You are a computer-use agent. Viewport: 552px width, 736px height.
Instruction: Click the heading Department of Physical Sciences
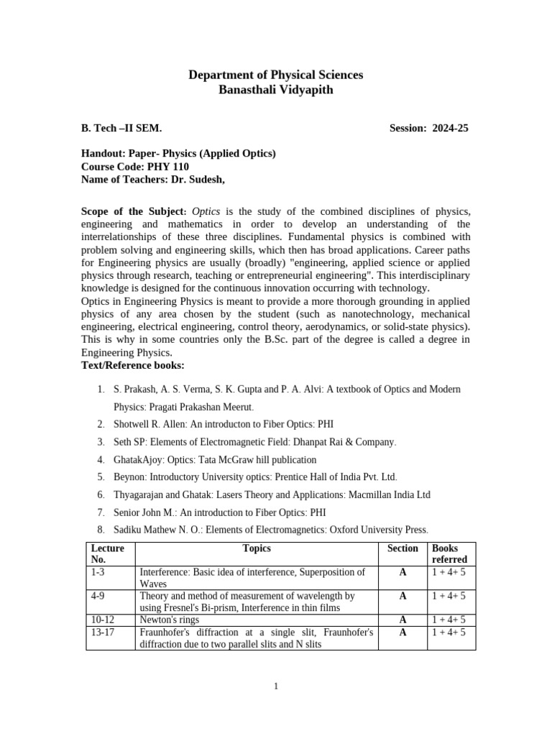(275, 75)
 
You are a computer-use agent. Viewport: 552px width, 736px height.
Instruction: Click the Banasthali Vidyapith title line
(275, 90)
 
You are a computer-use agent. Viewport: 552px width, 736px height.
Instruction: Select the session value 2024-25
(448, 128)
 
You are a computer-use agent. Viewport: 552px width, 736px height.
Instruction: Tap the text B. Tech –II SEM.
(121, 128)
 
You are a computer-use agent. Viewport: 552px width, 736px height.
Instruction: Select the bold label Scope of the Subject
(133, 211)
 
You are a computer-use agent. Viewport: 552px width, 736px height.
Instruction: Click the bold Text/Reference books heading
(133, 366)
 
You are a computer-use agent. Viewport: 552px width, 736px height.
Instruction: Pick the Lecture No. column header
(107, 553)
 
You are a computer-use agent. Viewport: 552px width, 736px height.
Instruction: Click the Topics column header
(257, 548)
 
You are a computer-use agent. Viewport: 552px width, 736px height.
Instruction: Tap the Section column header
(402, 548)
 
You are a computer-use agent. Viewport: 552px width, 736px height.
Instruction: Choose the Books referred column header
(449, 553)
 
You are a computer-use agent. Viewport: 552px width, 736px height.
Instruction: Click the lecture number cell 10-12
(103, 620)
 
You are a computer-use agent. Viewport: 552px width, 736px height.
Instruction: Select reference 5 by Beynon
(255, 477)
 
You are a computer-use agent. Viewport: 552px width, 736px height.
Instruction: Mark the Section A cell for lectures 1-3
(402, 572)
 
